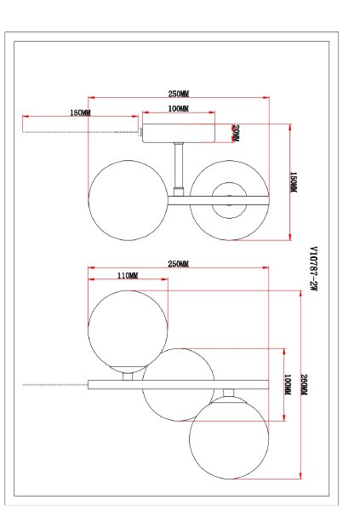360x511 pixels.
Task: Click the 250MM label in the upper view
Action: (x=179, y=95)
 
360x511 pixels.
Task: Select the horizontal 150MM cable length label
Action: (x=81, y=113)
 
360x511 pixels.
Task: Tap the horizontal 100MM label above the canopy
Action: (x=179, y=110)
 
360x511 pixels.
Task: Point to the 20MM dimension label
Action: (x=236, y=134)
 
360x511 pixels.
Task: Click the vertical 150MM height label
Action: (x=294, y=182)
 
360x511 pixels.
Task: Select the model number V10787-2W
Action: (x=312, y=268)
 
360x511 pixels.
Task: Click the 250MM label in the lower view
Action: (x=179, y=263)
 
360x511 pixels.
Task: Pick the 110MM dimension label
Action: (x=127, y=276)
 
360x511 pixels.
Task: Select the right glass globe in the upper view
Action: (x=228, y=200)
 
